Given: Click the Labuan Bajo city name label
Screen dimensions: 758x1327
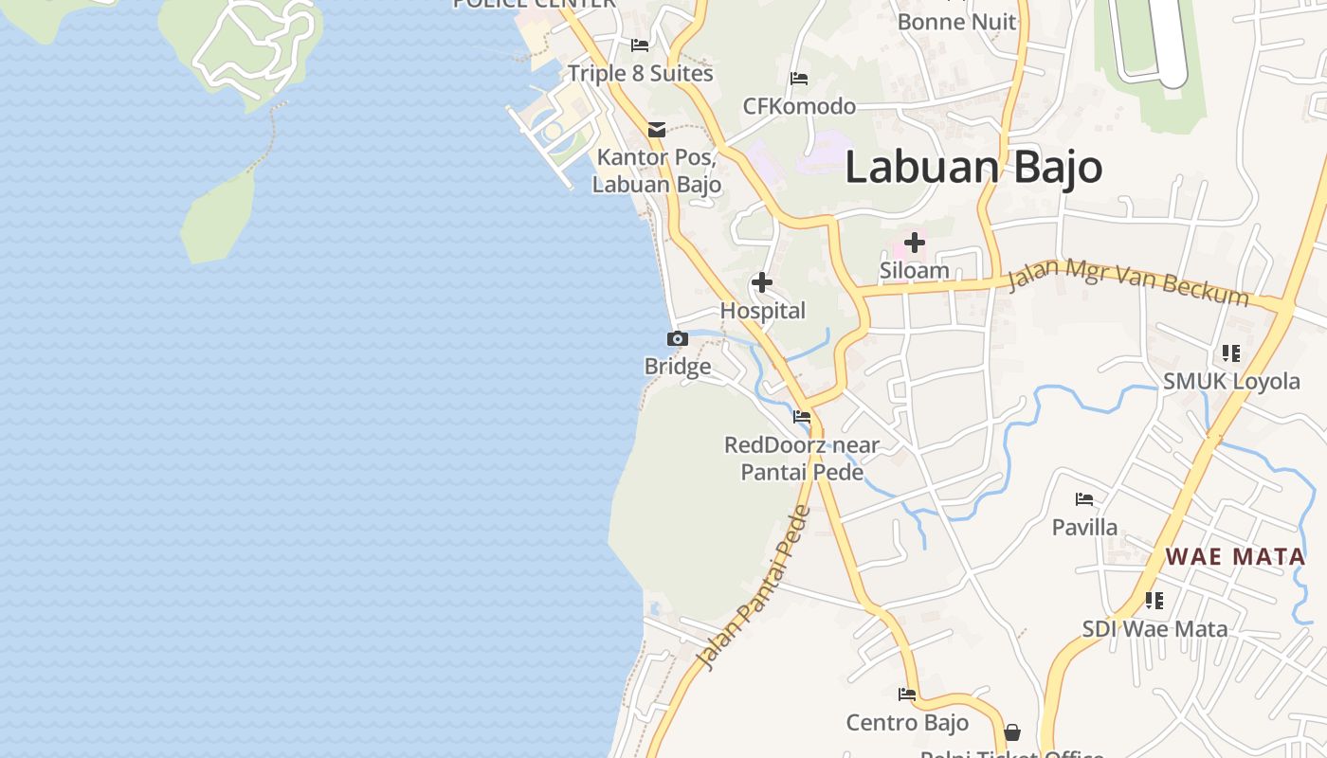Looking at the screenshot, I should [973, 168].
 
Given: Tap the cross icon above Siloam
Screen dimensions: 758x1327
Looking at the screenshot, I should [914, 243].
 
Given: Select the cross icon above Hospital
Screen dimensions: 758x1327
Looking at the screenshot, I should [761, 282].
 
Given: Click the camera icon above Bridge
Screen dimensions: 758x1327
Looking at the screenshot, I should [677, 338].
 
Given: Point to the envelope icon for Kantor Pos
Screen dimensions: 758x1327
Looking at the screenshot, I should [656, 130].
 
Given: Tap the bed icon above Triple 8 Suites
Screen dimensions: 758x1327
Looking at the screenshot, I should [640, 45].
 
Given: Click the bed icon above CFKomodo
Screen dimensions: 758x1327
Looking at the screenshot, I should [799, 78].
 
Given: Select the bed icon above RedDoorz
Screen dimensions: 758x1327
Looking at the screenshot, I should [802, 416].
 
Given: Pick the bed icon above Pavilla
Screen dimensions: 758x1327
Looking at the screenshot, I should [1084, 499].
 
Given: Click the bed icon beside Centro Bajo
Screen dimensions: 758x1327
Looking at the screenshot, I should [907, 695].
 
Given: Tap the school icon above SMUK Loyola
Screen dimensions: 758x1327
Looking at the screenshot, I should [1231, 353].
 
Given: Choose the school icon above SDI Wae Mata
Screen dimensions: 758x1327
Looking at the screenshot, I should [1154, 600].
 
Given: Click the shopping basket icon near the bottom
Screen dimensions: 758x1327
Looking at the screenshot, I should [1012, 732].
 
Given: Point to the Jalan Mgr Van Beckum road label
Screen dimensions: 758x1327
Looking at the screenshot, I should [1128, 282].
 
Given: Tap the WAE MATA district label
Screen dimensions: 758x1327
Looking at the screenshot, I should [1235, 556].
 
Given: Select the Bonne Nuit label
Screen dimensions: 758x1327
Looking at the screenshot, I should [956, 22].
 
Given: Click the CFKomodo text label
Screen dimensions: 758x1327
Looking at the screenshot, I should [799, 106].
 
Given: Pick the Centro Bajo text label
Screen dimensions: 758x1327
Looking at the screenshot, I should [907, 723].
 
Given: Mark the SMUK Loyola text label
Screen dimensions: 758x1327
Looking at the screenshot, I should [1231, 381].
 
